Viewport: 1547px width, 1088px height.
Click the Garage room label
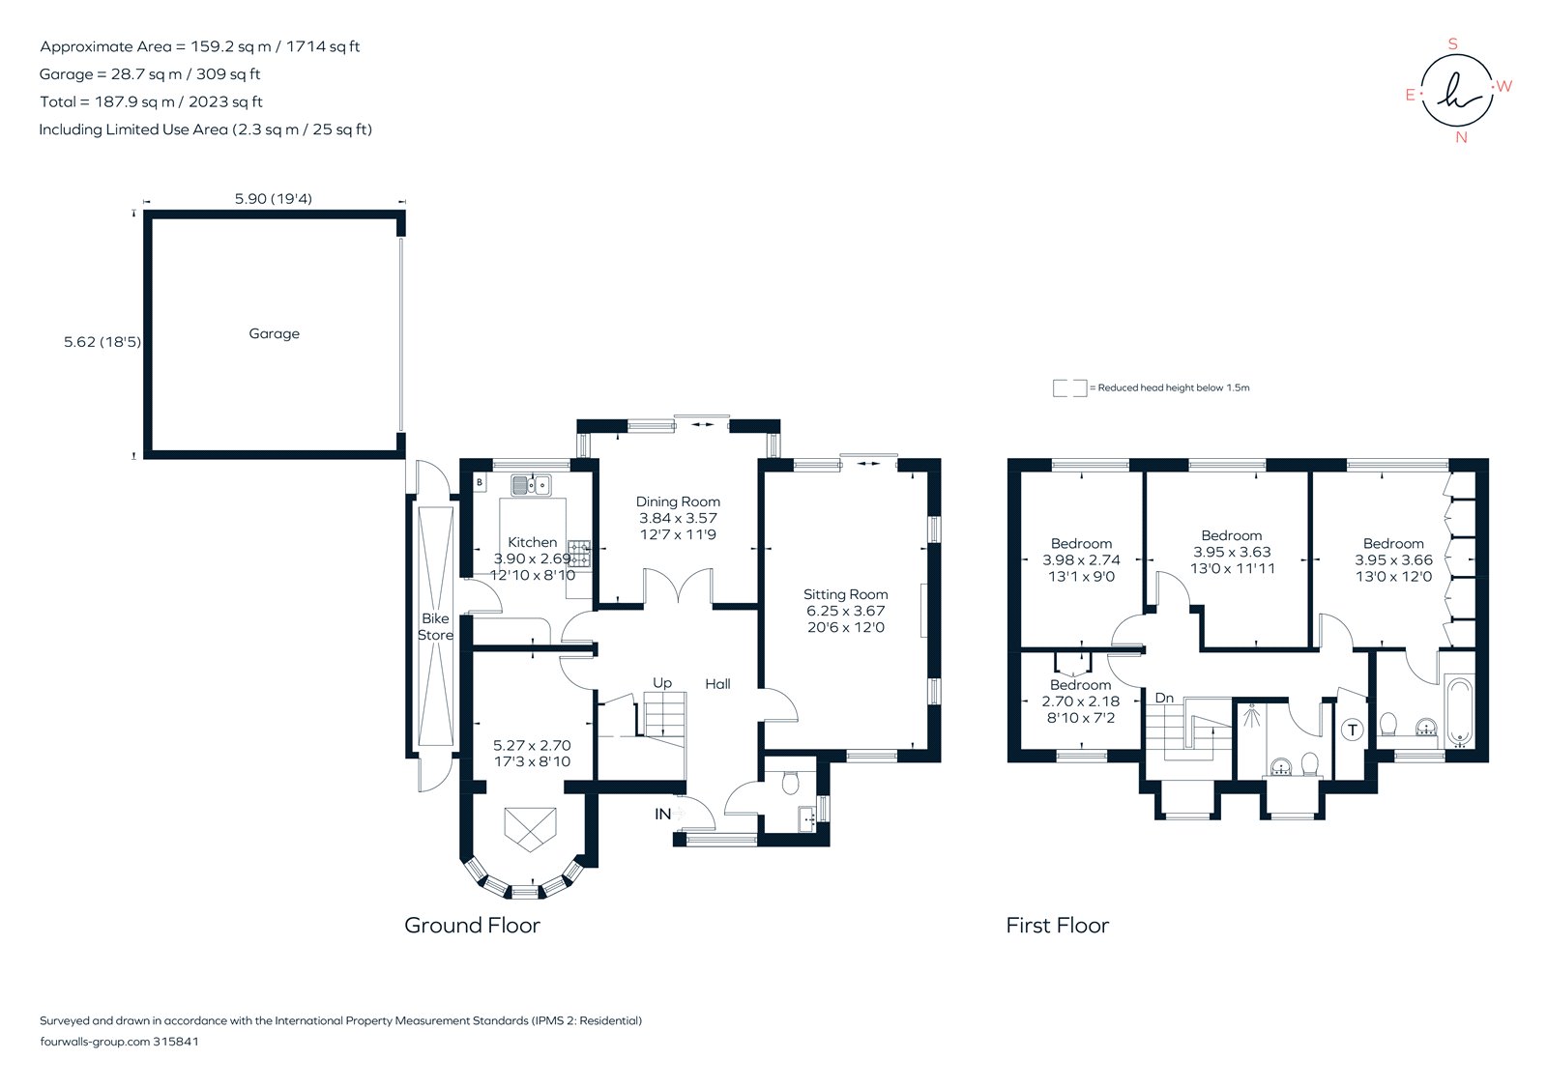274,333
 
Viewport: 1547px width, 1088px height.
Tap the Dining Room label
678,501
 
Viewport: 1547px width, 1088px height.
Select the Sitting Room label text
845,594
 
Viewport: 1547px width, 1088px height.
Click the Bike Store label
435,626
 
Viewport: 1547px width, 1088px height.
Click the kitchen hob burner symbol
579,554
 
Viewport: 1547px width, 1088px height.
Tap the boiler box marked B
480,481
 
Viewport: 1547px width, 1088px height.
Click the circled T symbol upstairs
1352,730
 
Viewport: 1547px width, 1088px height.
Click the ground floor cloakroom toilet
789,781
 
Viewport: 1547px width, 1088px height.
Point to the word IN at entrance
662,814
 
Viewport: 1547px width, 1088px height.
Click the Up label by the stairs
661,683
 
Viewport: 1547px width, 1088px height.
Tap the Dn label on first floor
1164,698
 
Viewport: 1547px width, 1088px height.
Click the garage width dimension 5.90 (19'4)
273,199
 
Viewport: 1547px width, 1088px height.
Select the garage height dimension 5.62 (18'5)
102,341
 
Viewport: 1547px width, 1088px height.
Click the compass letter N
1461,137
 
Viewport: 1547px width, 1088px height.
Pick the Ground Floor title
472,925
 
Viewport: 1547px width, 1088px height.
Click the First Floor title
1057,925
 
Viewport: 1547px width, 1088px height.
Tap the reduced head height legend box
1069,388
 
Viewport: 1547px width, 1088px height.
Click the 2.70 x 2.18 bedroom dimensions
1081,701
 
